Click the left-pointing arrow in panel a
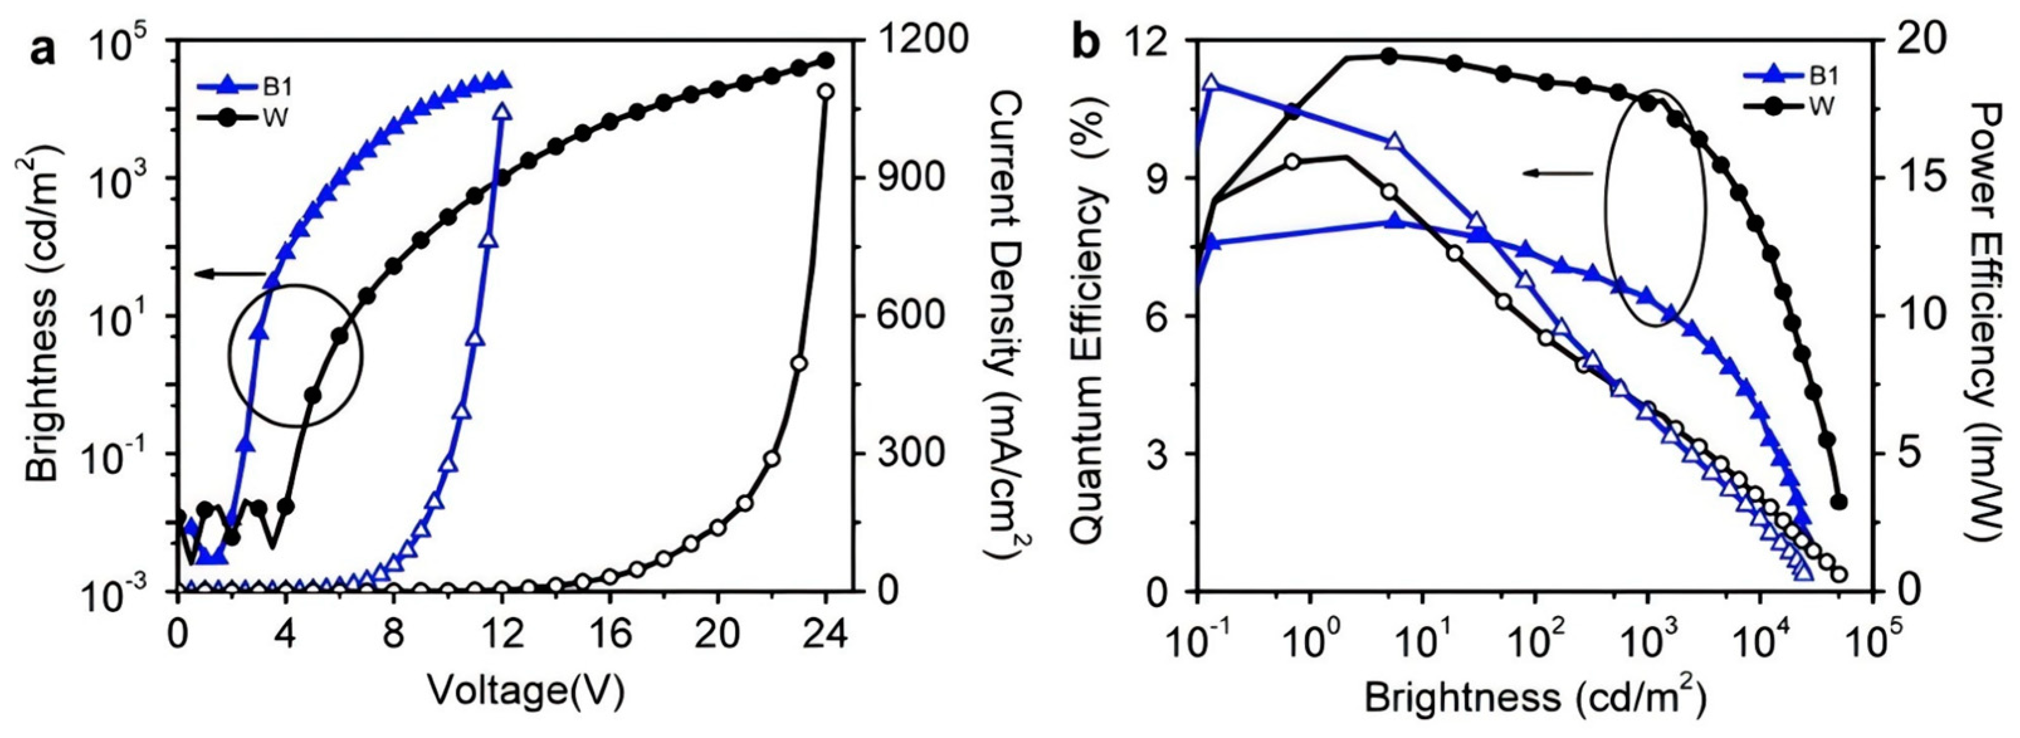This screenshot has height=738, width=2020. (232, 273)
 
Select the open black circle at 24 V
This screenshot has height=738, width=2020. (825, 92)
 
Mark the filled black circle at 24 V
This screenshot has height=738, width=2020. (825, 60)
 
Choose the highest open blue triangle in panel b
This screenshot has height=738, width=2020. (1211, 83)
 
